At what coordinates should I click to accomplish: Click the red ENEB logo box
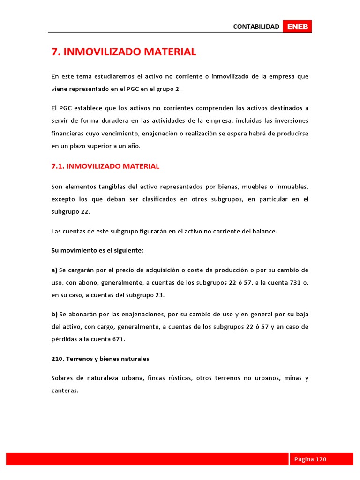coord(297,27)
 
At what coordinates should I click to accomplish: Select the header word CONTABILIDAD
coord(256,27)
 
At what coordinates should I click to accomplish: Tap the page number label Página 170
coord(310,459)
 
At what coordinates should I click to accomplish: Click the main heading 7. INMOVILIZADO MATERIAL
coord(124,52)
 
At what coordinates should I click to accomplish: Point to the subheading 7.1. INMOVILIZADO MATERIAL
coord(105,166)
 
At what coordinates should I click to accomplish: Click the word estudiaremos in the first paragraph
coord(117,76)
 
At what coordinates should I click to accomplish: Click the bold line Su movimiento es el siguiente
coord(97,250)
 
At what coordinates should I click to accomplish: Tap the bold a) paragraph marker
coord(54,270)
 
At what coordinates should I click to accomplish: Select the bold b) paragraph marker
coord(54,314)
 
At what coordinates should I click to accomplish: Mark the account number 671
coord(119,339)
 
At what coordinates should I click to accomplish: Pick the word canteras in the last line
coord(64,390)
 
